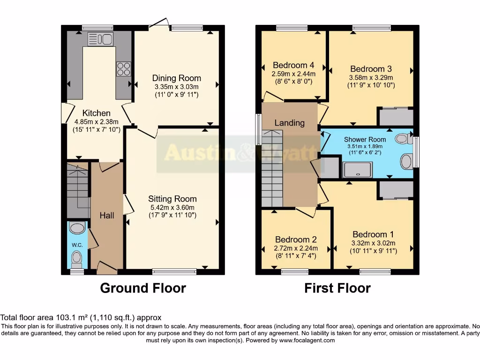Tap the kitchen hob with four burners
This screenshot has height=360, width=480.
[x=123, y=69]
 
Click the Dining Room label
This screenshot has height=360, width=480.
[x=177, y=78]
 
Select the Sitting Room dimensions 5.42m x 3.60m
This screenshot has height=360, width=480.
[x=172, y=207]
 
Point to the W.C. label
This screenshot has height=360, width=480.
[x=77, y=245]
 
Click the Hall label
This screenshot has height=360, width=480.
[x=107, y=215]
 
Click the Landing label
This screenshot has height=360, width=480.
[x=289, y=123]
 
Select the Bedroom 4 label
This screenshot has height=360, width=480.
[x=293, y=65]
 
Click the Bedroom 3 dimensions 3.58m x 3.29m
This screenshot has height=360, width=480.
[x=371, y=77]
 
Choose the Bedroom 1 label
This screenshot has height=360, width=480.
[x=373, y=234]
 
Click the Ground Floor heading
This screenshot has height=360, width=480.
[x=143, y=288]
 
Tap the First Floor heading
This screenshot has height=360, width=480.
[x=337, y=288]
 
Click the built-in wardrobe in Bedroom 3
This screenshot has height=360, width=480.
[x=396, y=117]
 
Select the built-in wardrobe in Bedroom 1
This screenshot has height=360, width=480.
[x=396, y=190]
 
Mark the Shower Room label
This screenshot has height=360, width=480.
[x=365, y=139]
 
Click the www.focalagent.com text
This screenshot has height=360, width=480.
[x=307, y=341]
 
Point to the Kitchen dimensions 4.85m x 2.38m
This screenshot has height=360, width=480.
[x=97, y=121]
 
